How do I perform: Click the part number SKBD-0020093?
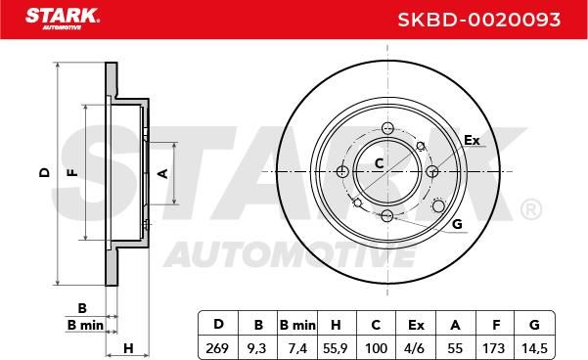tap(478, 20)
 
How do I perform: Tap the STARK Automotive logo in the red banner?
tap(63, 19)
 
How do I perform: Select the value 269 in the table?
tap(217, 348)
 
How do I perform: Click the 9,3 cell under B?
tap(257, 348)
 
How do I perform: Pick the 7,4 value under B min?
tap(297, 348)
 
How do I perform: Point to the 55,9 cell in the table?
tap(336, 348)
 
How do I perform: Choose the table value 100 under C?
tap(376, 348)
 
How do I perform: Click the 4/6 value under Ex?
tap(415, 348)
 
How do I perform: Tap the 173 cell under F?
tap(493, 348)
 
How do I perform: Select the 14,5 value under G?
tap(534, 348)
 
